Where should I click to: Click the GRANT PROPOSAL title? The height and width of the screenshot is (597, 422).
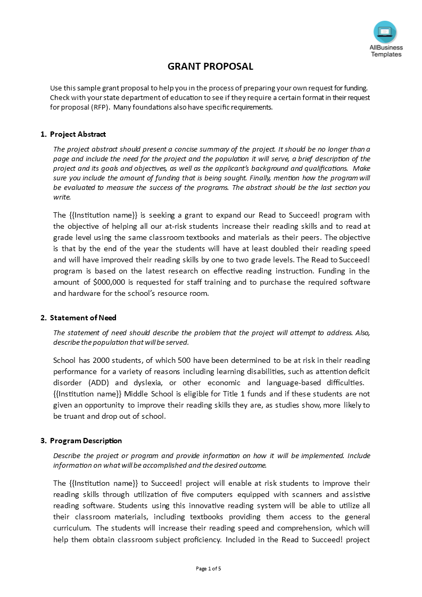211,67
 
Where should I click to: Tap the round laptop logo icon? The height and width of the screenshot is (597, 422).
385,32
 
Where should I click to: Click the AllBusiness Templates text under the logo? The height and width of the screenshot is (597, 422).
386,51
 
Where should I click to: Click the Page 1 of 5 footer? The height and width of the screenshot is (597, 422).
209,568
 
